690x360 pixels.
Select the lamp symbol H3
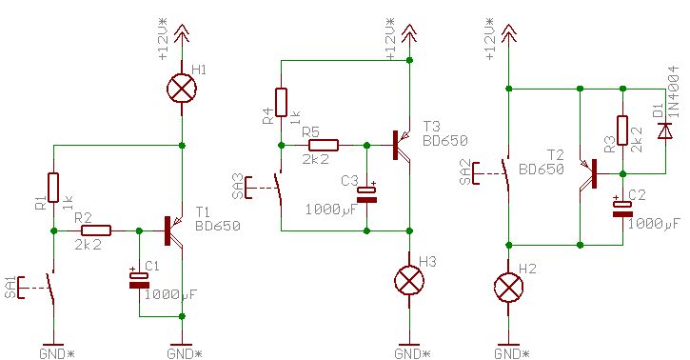click(x=409, y=280)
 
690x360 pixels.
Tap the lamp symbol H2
click(x=509, y=288)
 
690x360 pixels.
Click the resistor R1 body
click(x=53, y=188)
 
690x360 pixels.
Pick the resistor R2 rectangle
click(x=96, y=230)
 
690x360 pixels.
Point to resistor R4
click(x=281, y=103)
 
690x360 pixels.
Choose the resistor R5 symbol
click(x=324, y=145)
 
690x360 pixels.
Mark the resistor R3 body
click(x=622, y=130)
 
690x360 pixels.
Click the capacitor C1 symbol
click(x=140, y=280)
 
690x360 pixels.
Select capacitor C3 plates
click(x=367, y=194)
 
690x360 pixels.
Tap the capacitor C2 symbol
click(x=622, y=209)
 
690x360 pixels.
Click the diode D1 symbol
click(x=664, y=130)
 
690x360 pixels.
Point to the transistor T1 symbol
click(x=174, y=230)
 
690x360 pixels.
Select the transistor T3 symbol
click(x=402, y=145)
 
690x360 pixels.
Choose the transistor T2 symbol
click(x=588, y=174)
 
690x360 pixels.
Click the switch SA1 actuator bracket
click(x=21, y=288)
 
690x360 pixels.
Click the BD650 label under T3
click(x=444, y=141)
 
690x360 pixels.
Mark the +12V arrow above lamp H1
click(x=182, y=33)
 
